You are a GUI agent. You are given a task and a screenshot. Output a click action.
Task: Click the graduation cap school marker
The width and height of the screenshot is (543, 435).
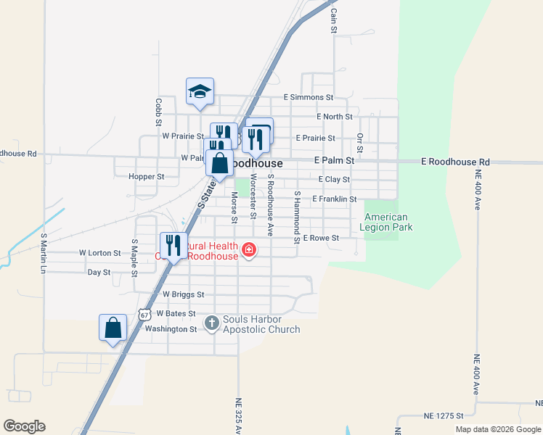point(200,91)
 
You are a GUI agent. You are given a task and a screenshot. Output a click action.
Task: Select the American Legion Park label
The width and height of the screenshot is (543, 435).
point(386,222)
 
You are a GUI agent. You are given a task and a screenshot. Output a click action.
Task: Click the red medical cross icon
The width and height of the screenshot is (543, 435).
point(248,250)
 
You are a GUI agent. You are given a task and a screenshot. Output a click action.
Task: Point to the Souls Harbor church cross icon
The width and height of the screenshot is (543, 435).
point(211,322)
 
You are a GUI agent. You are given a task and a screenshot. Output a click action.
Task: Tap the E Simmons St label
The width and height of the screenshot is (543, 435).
point(308,96)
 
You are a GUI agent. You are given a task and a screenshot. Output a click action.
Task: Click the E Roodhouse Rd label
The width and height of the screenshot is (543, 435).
point(455,162)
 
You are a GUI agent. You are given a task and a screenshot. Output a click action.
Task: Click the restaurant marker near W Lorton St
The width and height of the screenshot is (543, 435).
point(173,244)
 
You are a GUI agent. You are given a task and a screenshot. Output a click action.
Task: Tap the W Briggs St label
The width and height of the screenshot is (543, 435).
point(183,294)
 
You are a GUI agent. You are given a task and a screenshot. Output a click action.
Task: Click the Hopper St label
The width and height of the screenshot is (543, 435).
point(146,176)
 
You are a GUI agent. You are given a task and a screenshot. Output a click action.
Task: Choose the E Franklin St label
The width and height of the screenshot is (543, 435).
point(334,199)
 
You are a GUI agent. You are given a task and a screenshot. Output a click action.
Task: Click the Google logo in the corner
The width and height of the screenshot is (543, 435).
point(24,426)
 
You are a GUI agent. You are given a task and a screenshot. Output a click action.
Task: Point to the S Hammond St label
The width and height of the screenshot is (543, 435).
point(297,217)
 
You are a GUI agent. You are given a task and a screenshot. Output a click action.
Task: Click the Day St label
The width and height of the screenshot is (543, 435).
point(99,272)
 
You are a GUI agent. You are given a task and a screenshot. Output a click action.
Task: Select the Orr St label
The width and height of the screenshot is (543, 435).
point(359,141)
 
